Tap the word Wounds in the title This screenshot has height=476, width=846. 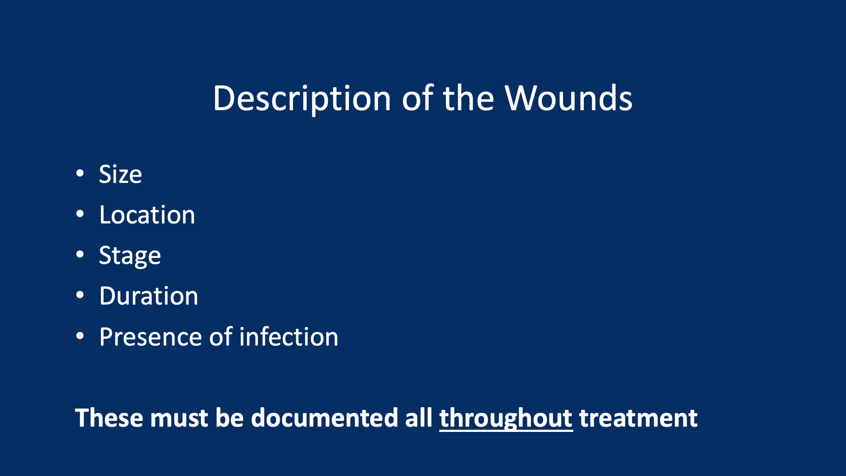(x=568, y=98)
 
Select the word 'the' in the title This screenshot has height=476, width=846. (x=468, y=98)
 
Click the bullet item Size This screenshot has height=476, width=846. (x=120, y=175)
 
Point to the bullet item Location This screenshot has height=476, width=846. (x=147, y=215)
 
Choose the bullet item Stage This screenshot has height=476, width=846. (x=130, y=256)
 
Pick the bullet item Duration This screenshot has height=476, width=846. (x=148, y=296)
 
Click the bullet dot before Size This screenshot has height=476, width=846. (x=80, y=173)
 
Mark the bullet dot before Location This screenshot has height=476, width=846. (x=80, y=214)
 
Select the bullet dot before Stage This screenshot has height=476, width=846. (x=80, y=255)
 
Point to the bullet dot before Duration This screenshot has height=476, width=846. (x=80, y=295)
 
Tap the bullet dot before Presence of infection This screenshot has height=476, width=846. (x=80, y=336)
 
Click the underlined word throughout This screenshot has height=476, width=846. (x=506, y=418)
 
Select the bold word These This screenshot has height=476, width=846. (x=108, y=418)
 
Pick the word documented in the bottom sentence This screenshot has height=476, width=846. (x=324, y=418)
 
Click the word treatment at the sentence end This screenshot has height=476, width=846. (x=638, y=418)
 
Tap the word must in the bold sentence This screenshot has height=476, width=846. (x=178, y=418)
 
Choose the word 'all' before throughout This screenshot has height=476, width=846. (x=419, y=418)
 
